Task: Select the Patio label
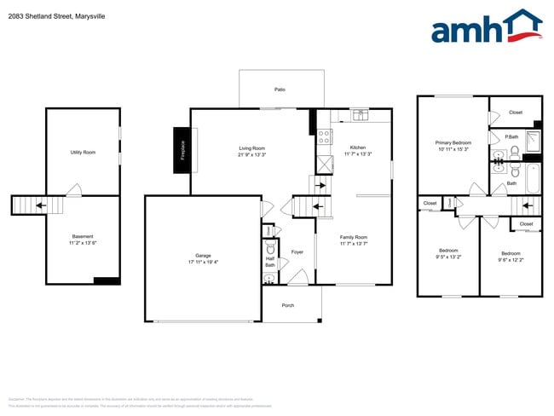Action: click(280, 89)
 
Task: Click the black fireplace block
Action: click(182, 150)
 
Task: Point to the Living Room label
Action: click(252, 148)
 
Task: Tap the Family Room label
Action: click(353, 237)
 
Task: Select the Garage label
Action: click(203, 255)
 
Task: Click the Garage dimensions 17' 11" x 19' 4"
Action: click(203, 262)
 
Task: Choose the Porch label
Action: click(287, 305)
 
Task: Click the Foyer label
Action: click(297, 252)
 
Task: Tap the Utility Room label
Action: click(83, 152)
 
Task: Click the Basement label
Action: click(83, 236)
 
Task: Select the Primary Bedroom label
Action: click(453, 142)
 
